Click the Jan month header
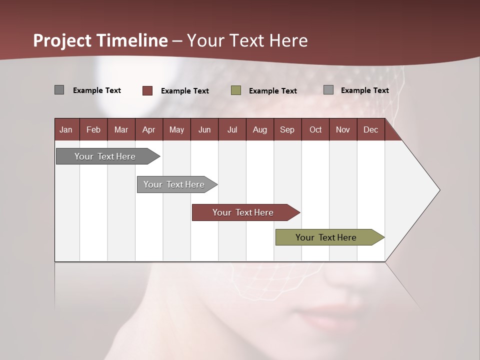coord(66,129)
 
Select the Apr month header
coord(148,129)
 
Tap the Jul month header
coord(232,129)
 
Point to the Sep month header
coord(287,129)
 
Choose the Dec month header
coord(370,129)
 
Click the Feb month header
coord(93,129)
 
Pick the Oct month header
coord(315,129)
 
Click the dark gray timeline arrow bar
coord(105,156)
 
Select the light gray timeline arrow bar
coord(174,184)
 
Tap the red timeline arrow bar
coord(243,212)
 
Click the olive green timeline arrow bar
coord(326,237)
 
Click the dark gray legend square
coord(59,90)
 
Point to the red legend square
coord(147,90)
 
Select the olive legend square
coord(236,90)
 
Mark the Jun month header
coord(204,129)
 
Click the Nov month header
coord(343,129)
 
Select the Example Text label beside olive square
coord(273,90)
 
